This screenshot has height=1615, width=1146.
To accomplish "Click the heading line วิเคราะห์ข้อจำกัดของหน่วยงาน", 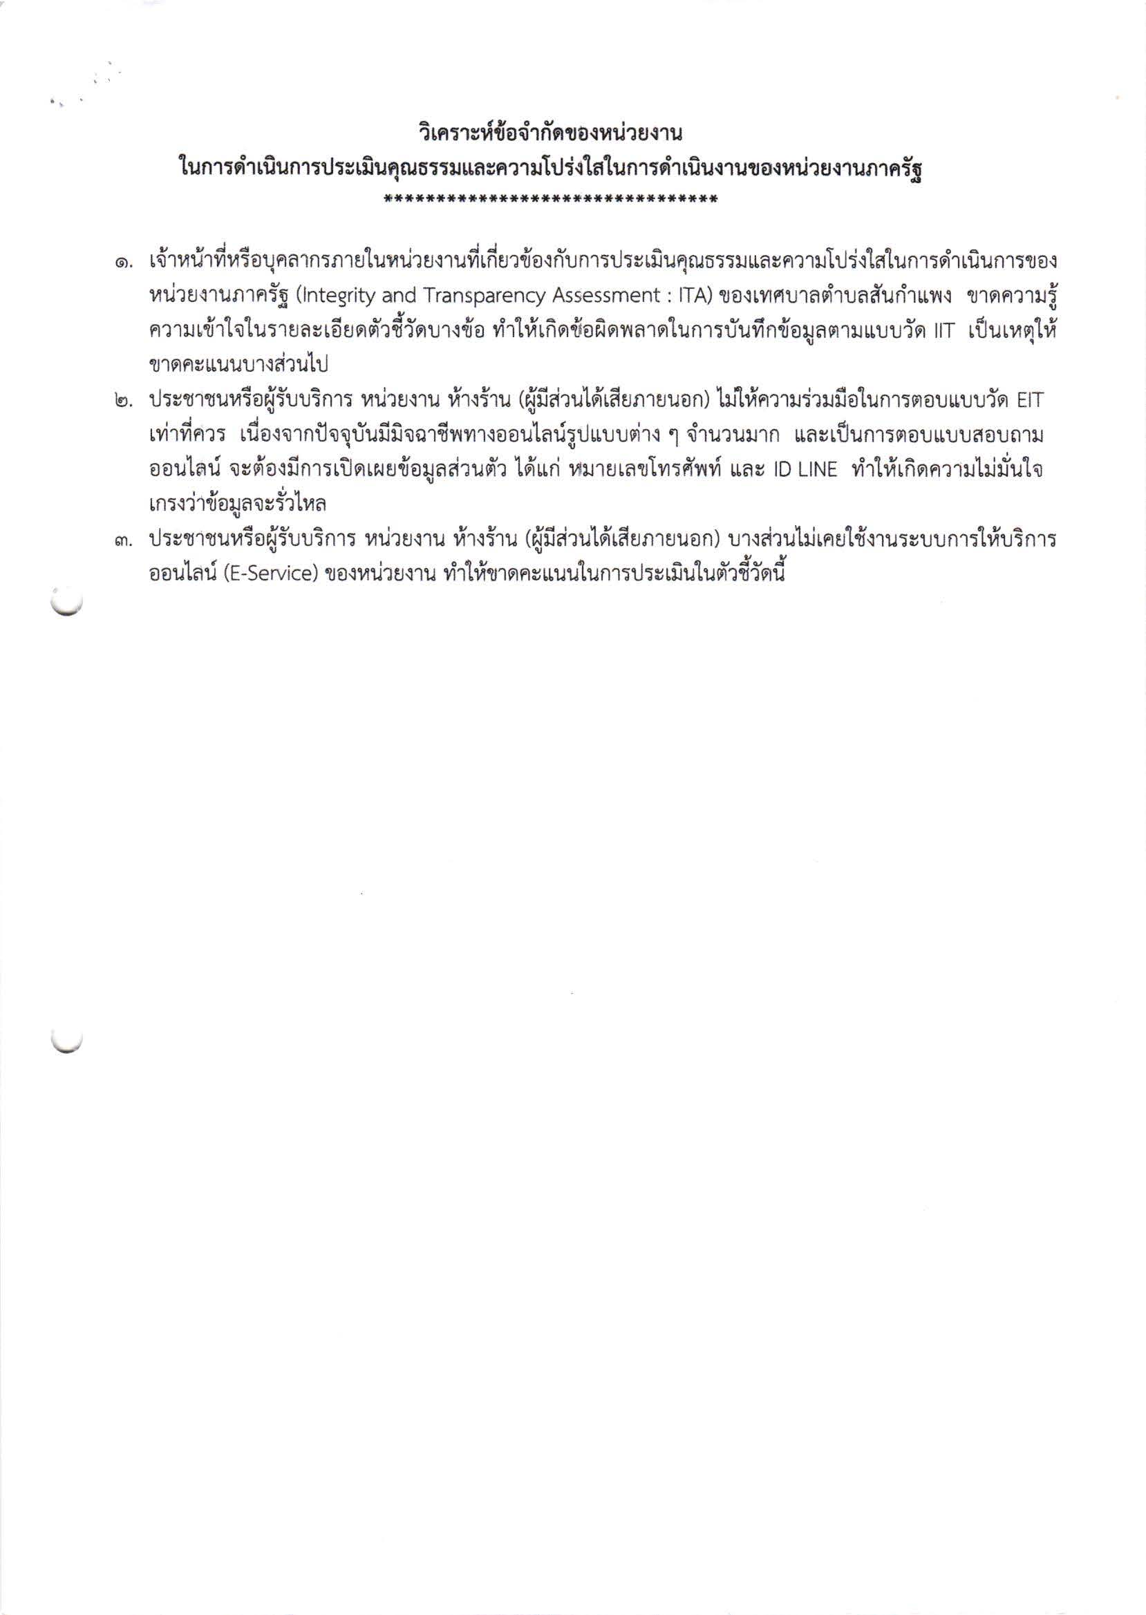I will [551, 132].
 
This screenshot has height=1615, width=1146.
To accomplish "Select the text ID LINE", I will [805, 470].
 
